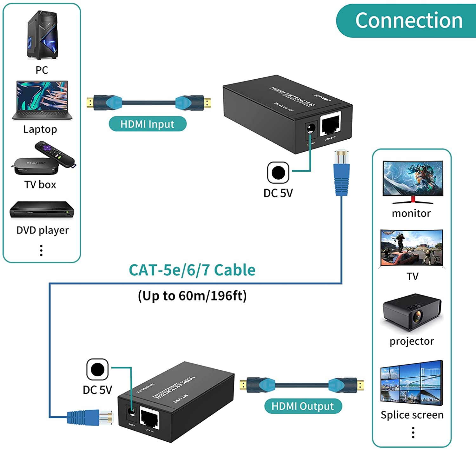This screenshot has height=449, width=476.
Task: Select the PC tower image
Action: (43, 36)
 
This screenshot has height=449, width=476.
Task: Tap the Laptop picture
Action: (42, 101)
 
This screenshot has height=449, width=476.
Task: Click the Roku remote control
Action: (55, 154)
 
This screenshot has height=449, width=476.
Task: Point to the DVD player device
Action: (42, 210)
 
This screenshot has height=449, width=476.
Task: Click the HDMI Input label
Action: (148, 124)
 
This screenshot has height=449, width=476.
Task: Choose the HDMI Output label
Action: (303, 406)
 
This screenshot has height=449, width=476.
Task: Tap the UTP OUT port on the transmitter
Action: (331, 124)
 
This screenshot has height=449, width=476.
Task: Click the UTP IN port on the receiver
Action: (149, 418)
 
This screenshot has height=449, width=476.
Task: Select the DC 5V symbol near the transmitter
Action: (278, 173)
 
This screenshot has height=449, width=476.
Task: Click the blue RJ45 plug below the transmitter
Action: (341, 173)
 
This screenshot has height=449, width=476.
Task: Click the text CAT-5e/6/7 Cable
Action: (192, 270)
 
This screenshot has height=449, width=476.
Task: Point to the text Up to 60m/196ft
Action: (192, 296)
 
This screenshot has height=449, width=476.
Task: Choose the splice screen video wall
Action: (412, 383)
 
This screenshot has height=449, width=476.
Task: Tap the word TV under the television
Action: (413, 276)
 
